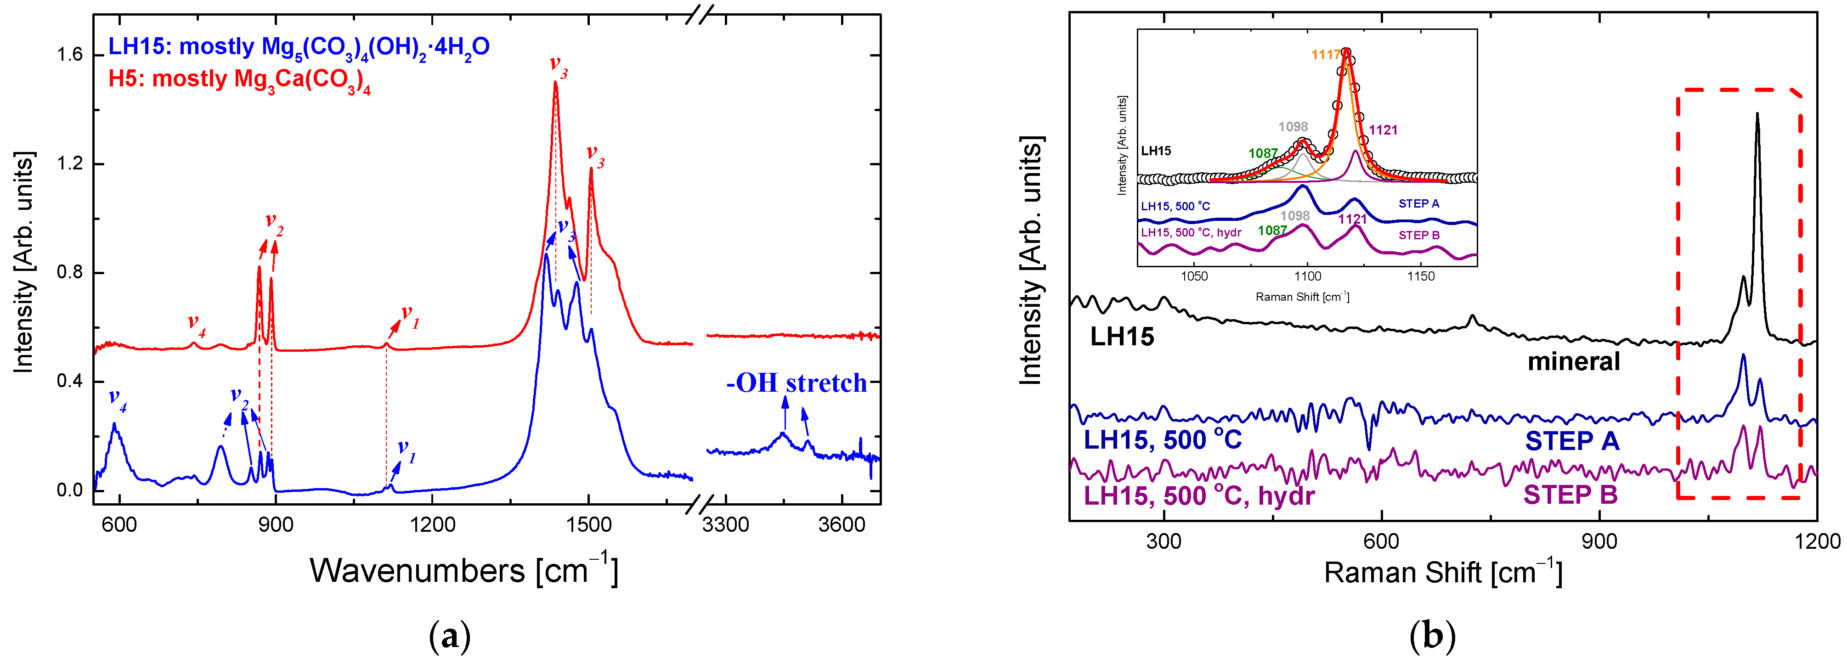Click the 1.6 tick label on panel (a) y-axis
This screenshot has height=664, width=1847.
tap(69, 55)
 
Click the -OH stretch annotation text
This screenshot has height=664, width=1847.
tap(796, 383)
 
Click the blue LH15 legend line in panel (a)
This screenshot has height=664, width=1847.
tap(298, 47)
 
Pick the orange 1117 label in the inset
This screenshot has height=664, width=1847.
tap(1325, 55)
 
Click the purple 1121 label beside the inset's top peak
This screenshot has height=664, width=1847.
tap(1383, 130)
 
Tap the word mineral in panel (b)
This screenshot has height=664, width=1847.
tap(1573, 361)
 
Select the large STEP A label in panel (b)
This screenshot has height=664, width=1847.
tap(1572, 441)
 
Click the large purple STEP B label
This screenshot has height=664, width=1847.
tap(1570, 495)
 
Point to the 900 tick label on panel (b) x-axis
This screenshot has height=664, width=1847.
tap(1599, 541)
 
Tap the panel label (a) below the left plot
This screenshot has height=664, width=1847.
tap(450, 636)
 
